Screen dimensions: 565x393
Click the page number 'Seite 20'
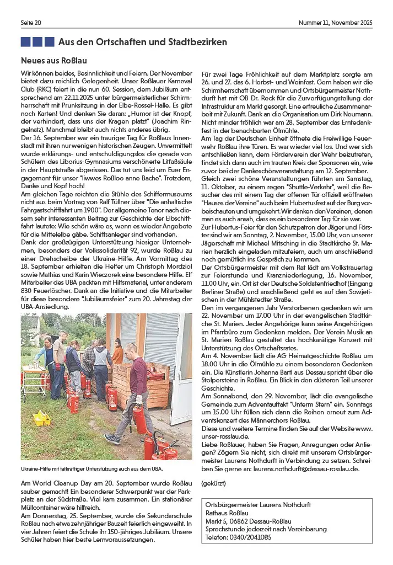click(31, 23)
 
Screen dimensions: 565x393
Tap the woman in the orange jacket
click(117, 352)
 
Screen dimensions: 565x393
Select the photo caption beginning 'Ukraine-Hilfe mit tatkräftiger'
click(91, 468)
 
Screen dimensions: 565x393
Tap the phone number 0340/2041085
click(239, 537)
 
